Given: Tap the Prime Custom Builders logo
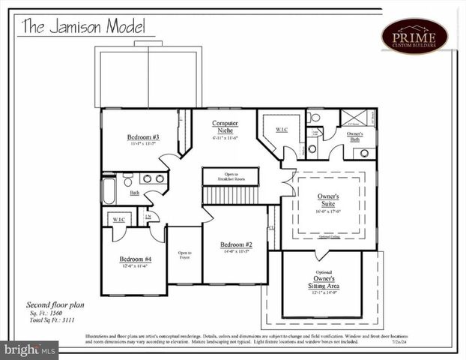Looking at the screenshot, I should click(x=414, y=36).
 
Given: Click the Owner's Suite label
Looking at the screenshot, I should click(x=328, y=199).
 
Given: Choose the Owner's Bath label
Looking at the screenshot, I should click(x=354, y=136).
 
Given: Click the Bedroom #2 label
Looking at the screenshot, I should click(x=235, y=244).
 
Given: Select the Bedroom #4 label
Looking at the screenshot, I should click(x=135, y=259).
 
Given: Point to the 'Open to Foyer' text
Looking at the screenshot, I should click(x=184, y=256).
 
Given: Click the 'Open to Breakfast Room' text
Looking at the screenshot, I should click(x=231, y=177).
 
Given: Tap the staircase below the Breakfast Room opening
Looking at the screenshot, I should click(x=231, y=195).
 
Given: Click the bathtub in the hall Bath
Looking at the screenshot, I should click(x=109, y=189).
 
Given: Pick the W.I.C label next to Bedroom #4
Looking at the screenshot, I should click(x=118, y=219).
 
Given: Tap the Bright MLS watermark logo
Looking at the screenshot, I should click(x=30, y=349).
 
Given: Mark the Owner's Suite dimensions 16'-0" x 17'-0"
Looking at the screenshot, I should click(x=328, y=211).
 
